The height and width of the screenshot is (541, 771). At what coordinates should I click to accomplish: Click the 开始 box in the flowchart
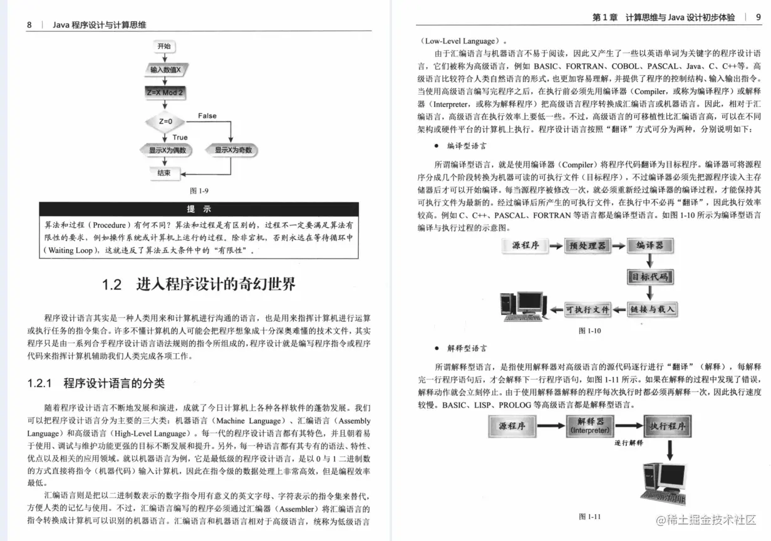click(164, 46)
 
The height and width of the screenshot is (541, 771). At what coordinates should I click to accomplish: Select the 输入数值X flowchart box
click(165, 70)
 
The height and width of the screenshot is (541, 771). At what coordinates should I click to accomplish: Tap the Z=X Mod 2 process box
click(165, 92)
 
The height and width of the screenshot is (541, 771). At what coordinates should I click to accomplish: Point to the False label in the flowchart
click(207, 116)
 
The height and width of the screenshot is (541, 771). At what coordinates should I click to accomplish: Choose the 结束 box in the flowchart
click(164, 172)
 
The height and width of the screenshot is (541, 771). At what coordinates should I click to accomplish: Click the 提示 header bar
click(199, 209)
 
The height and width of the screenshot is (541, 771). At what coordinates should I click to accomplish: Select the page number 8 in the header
click(29, 25)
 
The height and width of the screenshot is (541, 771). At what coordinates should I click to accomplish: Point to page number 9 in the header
click(758, 18)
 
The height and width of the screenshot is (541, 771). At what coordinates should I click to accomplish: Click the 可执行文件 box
click(587, 309)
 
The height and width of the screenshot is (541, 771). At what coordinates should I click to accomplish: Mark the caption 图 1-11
click(589, 517)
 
